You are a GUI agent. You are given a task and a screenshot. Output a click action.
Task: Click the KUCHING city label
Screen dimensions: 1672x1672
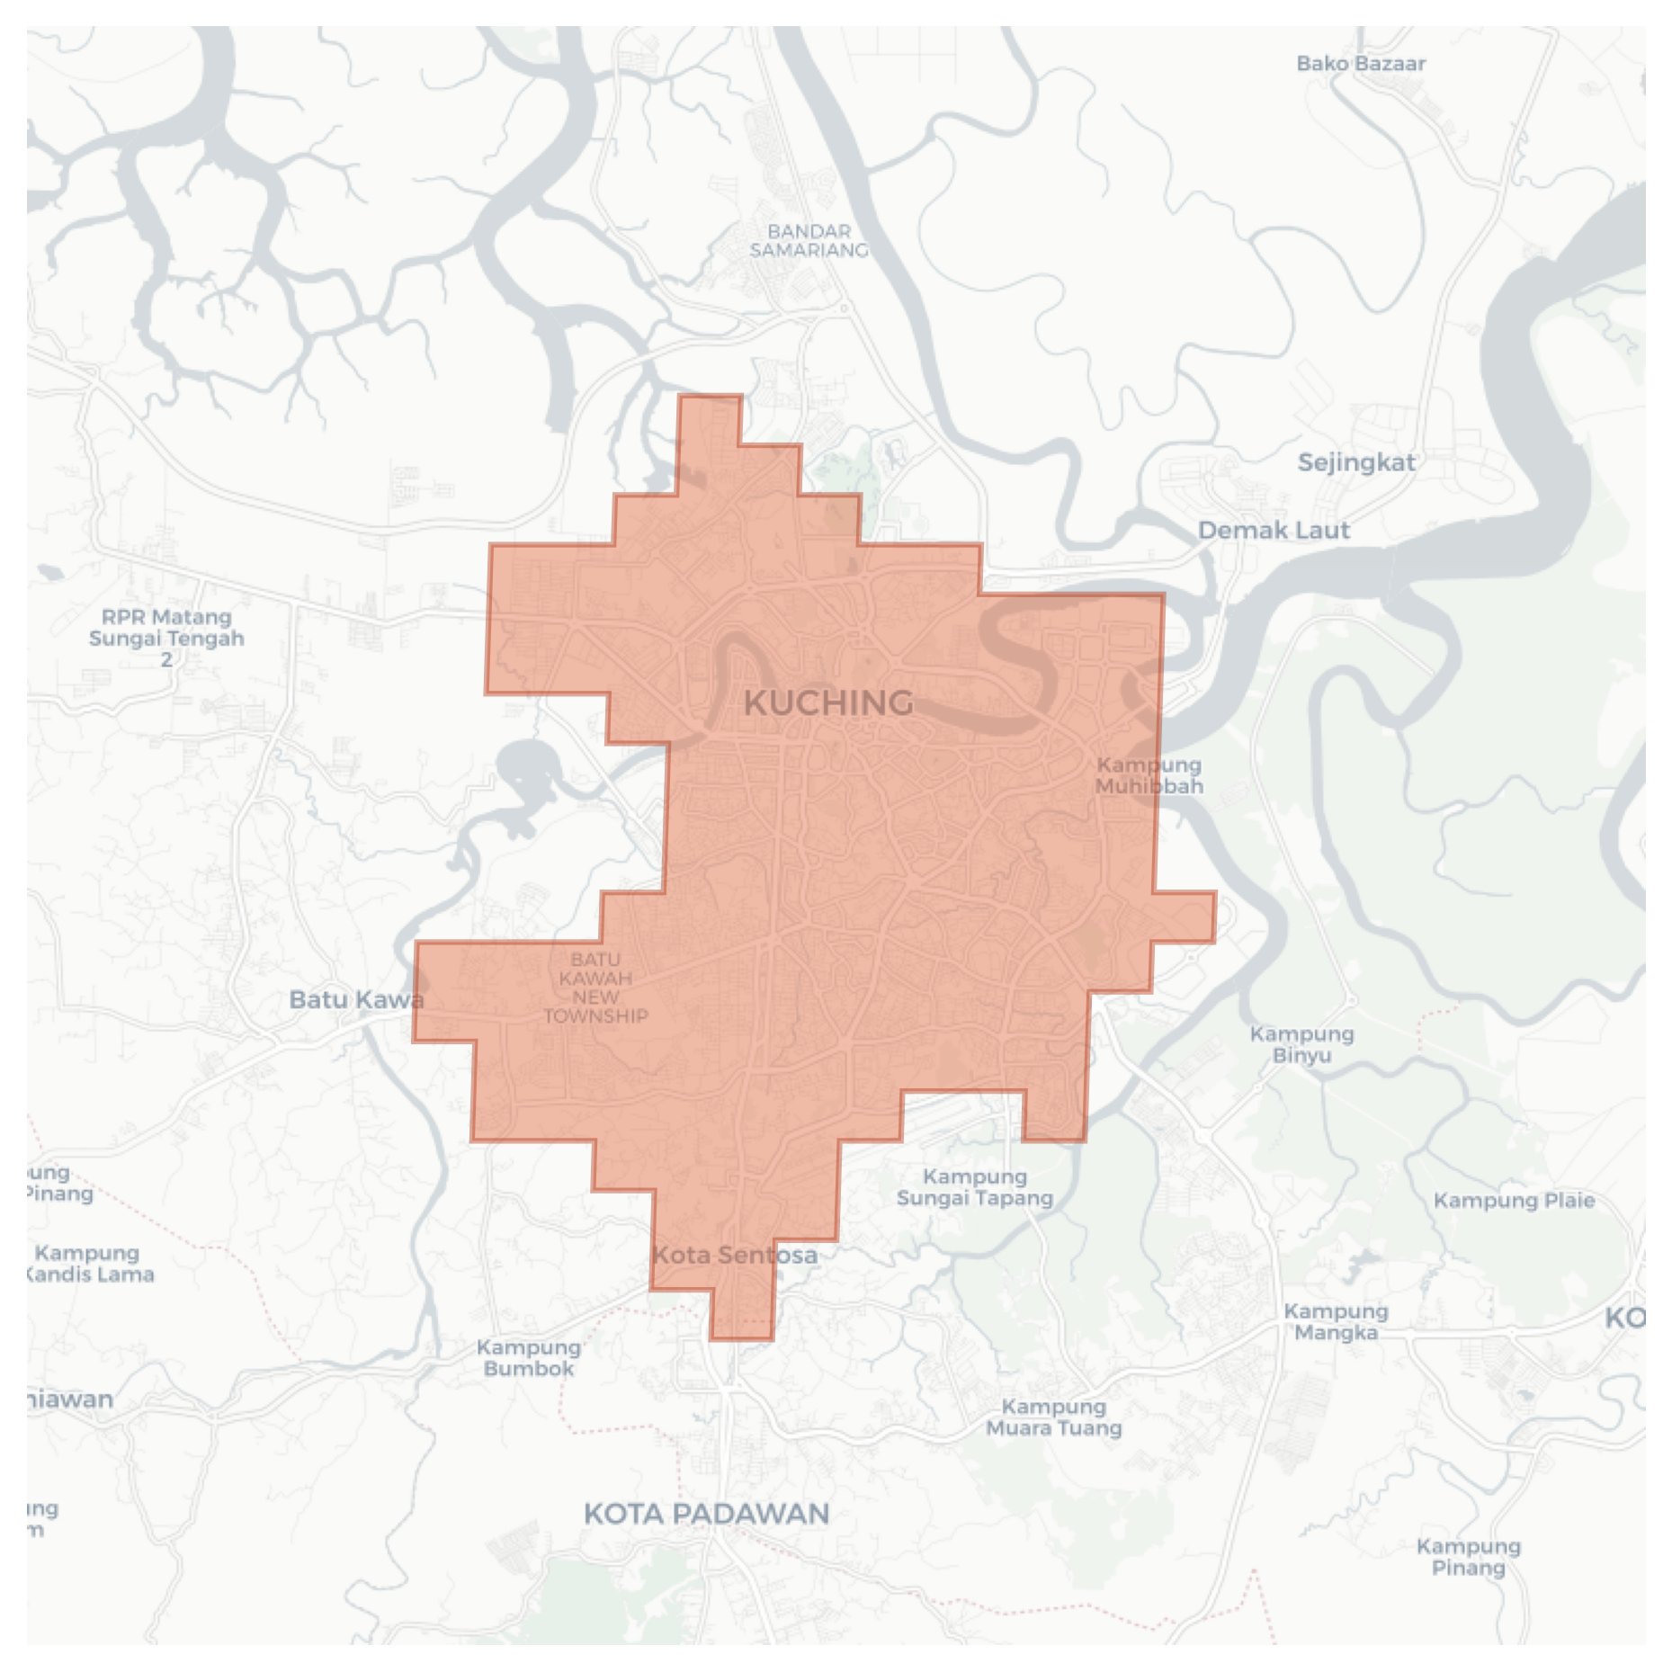click(x=828, y=702)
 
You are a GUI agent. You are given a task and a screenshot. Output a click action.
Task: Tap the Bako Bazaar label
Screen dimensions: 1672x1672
click(x=1361, y=64)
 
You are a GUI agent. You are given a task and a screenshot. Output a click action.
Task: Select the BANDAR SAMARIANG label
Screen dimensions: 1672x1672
click(x=809, y=241)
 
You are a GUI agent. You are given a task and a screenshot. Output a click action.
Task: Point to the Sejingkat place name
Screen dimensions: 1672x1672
click(x=1356, y=463)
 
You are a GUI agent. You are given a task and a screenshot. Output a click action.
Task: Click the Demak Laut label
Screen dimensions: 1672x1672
click(x=1274, y=531)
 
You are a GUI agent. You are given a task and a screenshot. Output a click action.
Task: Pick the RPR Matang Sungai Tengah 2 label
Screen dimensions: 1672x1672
click(x=166, y=638)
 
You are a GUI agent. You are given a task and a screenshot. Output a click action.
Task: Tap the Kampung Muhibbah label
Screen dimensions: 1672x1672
click(x=1149, y=775)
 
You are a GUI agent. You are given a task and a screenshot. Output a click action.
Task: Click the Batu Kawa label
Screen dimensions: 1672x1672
click(x=356, y=999)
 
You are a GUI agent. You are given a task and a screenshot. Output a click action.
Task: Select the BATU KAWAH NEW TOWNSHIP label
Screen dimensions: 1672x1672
click(x=595, y=988)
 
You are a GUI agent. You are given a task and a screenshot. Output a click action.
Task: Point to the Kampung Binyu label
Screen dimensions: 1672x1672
click(x=1301, y=1044)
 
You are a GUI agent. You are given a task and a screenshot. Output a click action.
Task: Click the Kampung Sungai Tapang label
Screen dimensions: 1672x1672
click(x=975, y=1187)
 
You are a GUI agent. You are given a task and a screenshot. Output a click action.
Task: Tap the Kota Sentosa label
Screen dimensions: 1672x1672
click(x=735, y=1255)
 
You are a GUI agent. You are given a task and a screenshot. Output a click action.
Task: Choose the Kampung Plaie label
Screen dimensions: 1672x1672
click(x=1514, y=1201)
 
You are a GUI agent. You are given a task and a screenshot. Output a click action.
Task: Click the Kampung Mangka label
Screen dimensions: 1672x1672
click(x=1336, y=1322)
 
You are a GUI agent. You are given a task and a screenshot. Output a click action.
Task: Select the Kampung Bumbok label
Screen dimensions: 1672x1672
click(x=528, y=1358)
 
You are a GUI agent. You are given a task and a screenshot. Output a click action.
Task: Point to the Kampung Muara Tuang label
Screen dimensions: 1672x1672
click(x=1054, y=1417)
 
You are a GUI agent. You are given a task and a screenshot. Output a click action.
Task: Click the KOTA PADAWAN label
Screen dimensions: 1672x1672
click(x=707, y=1514)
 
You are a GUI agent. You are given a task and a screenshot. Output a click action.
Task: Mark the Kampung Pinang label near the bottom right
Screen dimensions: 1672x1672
click(x=1468, y=1557)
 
